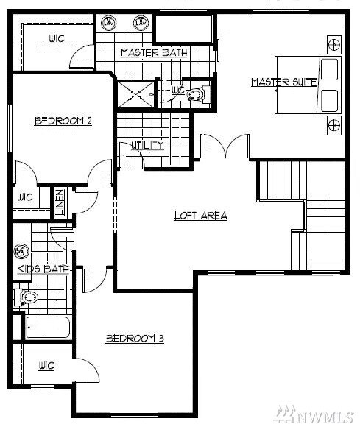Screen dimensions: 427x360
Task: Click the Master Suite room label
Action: click(x=283, y=82)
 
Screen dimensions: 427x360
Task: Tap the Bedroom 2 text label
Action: click(x=63, y=121)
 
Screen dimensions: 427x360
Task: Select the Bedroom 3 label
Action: click(x=134, y=339)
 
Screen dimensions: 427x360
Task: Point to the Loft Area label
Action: click(x=200, y=216)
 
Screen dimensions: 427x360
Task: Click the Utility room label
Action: click(x=147, y=146)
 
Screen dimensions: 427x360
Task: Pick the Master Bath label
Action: click(x=154, y=52)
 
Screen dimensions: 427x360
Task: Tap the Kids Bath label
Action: click(x=42, y=269)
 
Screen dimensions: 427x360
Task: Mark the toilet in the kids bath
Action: click(x=27, y=298)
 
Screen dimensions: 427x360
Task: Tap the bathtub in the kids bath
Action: click(x=48, y=328)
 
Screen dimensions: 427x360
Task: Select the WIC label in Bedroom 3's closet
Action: click(x=46, y=366)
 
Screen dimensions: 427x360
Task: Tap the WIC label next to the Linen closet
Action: click(x=25, y=197)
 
